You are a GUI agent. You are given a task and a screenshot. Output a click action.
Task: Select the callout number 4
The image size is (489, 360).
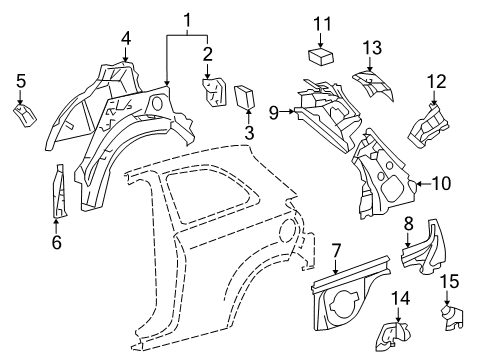click(x=126, y=39)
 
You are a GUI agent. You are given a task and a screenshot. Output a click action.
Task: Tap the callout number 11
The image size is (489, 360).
click(x=321, y=23)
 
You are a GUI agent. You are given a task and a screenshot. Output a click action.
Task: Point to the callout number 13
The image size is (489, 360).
click(x=372, y=48)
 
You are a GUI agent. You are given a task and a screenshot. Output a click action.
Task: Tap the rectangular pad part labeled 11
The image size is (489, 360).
click(x=320, y=57)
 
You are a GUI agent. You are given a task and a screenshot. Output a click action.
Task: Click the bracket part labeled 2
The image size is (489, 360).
click(x=214, y=93)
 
